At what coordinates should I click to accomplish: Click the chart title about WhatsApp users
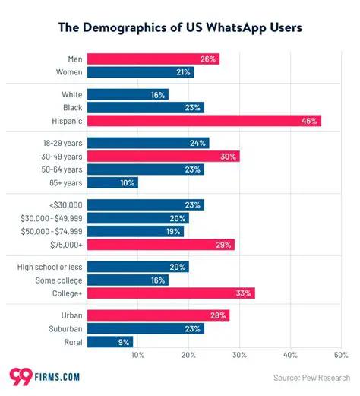[180, 28]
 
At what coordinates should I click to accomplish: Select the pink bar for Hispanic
[204, 121]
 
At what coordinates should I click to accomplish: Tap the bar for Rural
[110, 342]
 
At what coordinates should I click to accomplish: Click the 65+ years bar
[112, 183]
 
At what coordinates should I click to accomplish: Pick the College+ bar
[171, 293]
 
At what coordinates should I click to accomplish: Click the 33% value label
[245, 293]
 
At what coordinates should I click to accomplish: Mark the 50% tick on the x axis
[340, 355]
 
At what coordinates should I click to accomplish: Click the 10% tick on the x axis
[137, 355]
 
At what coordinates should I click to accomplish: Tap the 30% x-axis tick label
[239, 355]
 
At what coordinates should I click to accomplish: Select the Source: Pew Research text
[311, 377]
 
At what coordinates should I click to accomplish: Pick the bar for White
[128, 94]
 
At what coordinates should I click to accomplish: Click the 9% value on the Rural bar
[125, 342]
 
